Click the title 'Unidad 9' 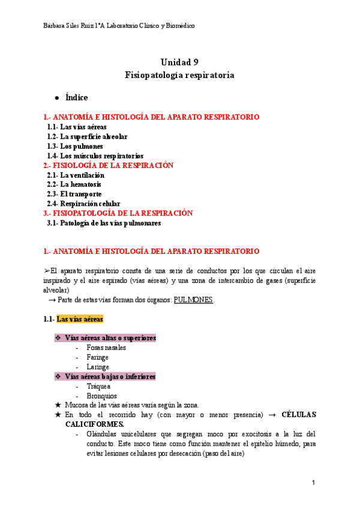pyautogui.click(x=179, y=62)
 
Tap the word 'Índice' pyautogui.click(x=76, y=97)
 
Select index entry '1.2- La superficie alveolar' pyautogui.click(x=87, y=136)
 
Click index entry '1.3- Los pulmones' pyautogui.click(x=75, y=146)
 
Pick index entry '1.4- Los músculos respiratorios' pyautogui.click(x=95, y=155)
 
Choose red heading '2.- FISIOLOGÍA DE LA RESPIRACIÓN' pyautogui.click(x=108, y=165)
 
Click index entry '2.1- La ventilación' pyautogui.click(x=76, y=175)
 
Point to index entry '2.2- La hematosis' pyautogui.click(x=74, y=184)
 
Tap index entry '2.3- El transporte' pyautogui.click(x=74, y=194)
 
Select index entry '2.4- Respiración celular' pyautogui.click(x=83, y=203)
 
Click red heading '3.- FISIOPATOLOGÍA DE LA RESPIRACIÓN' pyautogui.click(x=118, y=213)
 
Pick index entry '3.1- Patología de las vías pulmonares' pyautogui.click(x=104, y=223)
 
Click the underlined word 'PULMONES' pyautogui.click(x=193, y=300)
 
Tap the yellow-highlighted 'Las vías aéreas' pyautogui.click(x=80, y=319)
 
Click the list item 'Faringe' pyautogui.click(x=97, y=357)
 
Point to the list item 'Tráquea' pyautogui.click(x=98, y=387)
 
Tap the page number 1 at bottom pyautogui.click(x=313, y=483)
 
